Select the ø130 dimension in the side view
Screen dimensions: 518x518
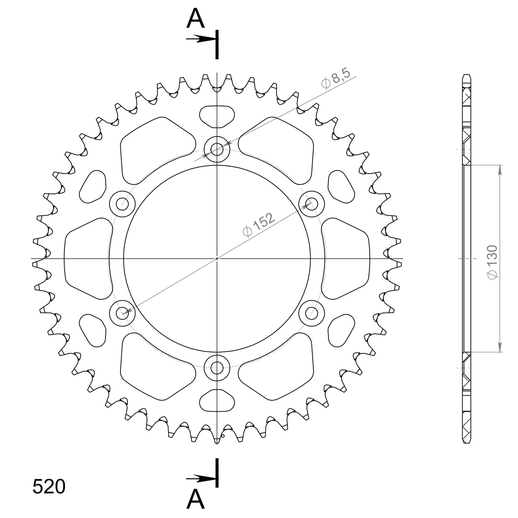click(492, 262)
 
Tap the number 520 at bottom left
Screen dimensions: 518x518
click(49, 487)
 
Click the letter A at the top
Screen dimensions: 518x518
click(195, 19)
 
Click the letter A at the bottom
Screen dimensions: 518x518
click(195, 499)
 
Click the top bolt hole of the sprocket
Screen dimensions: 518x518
click(217, 149)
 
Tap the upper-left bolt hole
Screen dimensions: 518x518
click(122, 204)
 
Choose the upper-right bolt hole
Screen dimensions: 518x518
click(312, 203)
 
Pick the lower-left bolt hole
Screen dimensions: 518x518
click(122, 313)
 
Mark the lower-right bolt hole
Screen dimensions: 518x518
click(312, 313)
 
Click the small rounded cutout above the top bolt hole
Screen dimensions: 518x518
click(217, 116)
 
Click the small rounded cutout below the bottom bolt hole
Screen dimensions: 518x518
click(217, 400)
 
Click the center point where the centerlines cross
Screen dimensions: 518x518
click(217, 259)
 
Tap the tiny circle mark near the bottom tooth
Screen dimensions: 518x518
click(223, 435)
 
